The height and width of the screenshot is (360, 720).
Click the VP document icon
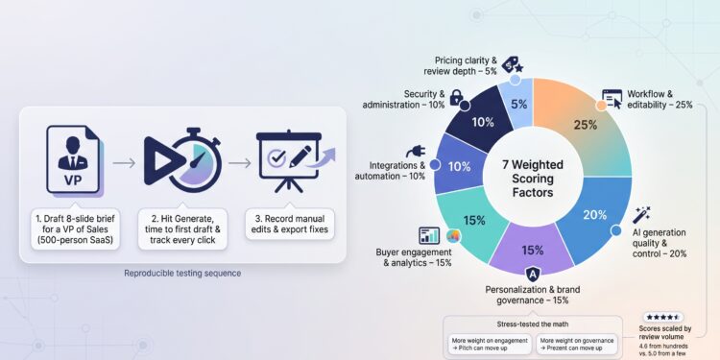74,159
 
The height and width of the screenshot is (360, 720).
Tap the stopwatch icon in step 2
182,160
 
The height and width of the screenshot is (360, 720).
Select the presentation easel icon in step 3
288,160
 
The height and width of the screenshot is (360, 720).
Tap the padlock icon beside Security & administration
456,97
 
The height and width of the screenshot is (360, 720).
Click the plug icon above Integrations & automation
415,152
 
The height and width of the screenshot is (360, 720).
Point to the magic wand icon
641,215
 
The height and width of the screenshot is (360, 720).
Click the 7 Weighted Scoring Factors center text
533,179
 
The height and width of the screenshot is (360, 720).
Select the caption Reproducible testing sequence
182,274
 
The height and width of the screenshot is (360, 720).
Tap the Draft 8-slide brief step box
75,228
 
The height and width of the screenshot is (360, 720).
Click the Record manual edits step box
290,224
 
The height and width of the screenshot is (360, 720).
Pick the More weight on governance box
577,345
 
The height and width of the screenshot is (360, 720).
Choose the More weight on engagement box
490,345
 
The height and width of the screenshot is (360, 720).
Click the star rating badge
662,317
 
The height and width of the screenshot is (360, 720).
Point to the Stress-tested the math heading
533,324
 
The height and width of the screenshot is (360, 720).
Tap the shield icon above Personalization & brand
532,275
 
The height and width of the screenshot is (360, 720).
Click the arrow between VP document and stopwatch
124,162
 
